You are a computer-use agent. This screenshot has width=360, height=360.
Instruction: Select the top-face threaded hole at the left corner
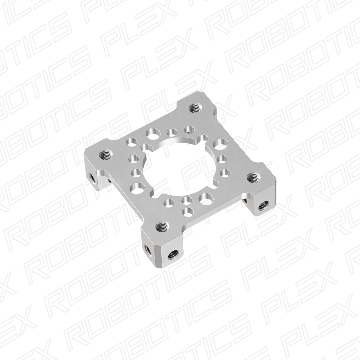coord(106,154)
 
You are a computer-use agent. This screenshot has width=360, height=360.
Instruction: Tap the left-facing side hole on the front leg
coord(147,248)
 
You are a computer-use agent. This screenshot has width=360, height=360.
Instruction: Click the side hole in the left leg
coord(92,176)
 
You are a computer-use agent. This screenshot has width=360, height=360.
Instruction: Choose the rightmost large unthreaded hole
coord(220,144)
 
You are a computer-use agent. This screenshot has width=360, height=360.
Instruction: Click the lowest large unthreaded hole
coord(204,199)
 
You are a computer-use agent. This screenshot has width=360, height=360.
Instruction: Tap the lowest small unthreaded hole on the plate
coord(188,210)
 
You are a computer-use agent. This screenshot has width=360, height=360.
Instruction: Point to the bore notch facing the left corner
coord(146,147)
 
